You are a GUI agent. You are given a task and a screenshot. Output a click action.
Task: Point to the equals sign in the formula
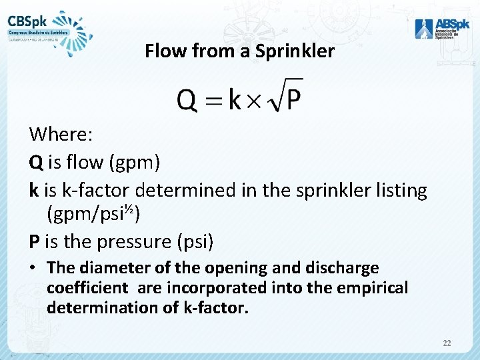[212, 101]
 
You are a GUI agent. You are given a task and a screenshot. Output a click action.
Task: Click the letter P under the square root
[294, 101]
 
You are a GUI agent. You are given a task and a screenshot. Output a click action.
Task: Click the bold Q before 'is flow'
[35, 162]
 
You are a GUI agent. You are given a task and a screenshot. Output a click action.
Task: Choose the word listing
[397, 190]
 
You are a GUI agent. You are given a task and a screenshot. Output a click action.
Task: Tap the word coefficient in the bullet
[87, 288]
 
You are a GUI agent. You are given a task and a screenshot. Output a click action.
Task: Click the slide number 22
[447, 343]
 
